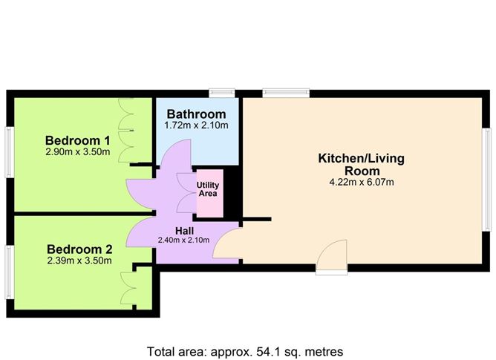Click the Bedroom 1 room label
click(x=77, y=140)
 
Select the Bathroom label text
click(x=196, y=114)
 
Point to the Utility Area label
click(x=208, y=189)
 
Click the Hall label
click(x=185, y=229)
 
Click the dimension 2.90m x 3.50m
click(x=77, y=153)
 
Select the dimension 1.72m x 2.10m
click(x=196, y=125)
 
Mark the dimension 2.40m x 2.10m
click(x=185, y=240)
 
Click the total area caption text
click(x=244, y=350)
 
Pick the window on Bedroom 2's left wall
click(x=8, y=267)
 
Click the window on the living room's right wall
click(x=486, y=178)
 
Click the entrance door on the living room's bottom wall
click(x=331, y=257)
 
